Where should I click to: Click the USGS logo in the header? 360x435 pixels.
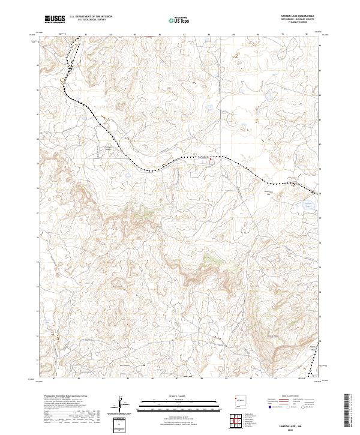[55, 19]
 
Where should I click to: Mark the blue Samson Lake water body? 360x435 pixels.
[308, 205]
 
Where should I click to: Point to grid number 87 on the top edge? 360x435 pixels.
[184, 35]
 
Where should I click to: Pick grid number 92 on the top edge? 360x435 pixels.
[307, 35]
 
